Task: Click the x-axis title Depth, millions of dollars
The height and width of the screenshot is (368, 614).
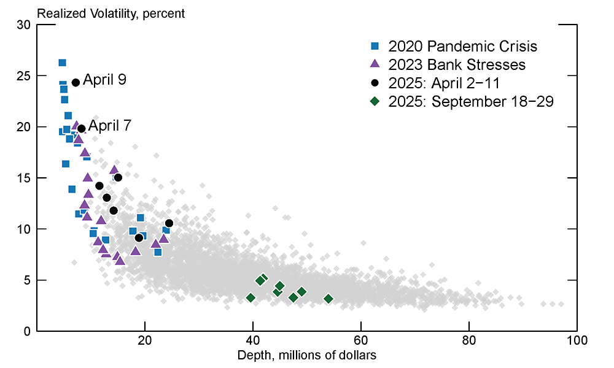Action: [306, 355]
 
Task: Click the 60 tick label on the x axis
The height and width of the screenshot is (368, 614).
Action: [361, 342]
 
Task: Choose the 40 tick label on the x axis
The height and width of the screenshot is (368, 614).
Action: [252, 342]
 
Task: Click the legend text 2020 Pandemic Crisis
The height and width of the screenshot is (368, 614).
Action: [463, 46]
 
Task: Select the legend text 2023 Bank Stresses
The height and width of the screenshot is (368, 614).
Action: [457, 64]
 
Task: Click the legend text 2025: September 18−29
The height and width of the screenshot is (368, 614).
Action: [471, 101]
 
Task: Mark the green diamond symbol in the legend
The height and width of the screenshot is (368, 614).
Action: [375, 102]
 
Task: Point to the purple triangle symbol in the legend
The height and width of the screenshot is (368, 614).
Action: [375, 64]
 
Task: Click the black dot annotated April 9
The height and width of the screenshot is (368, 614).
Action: [76, 82]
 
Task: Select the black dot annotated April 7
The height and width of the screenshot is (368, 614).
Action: [81, 129]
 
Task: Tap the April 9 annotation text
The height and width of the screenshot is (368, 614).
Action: [104, 80]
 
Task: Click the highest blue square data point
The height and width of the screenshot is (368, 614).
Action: [62, 63]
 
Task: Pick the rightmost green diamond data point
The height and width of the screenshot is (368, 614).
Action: [328, 299]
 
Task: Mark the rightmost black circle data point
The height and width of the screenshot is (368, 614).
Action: [169, 223]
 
